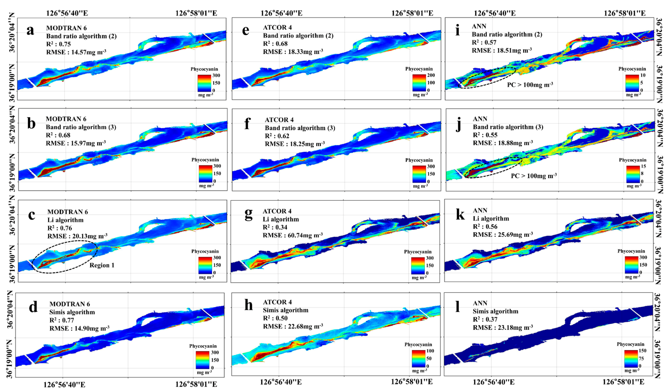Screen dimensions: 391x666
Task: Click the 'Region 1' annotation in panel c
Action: pyautogui.click(x=102, y=265)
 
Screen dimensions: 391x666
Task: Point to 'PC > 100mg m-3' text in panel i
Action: pyautogui.click(x=530, y=85)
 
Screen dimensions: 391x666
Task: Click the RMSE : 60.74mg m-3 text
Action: pyautogui.click(x=293, y=235)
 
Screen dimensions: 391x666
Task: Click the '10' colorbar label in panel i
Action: pyautogui.click(x=643, y=75)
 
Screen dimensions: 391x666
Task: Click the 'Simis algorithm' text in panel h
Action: pyautogui.click(x=285, y=310)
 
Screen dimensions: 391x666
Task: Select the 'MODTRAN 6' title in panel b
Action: pyautogui.click(x=66, y=119)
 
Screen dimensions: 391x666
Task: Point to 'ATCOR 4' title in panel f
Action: pyautogui.click(x=279, y=120)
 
